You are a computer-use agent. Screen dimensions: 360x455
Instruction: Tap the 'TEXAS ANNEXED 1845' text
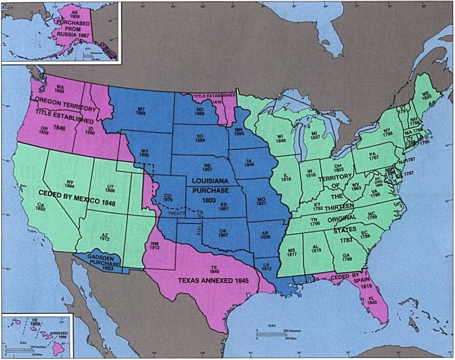(x=211, y=283)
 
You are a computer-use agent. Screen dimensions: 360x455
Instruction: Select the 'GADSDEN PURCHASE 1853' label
(x=104, y=261)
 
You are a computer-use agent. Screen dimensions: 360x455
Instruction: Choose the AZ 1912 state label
(x=106, y=237)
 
